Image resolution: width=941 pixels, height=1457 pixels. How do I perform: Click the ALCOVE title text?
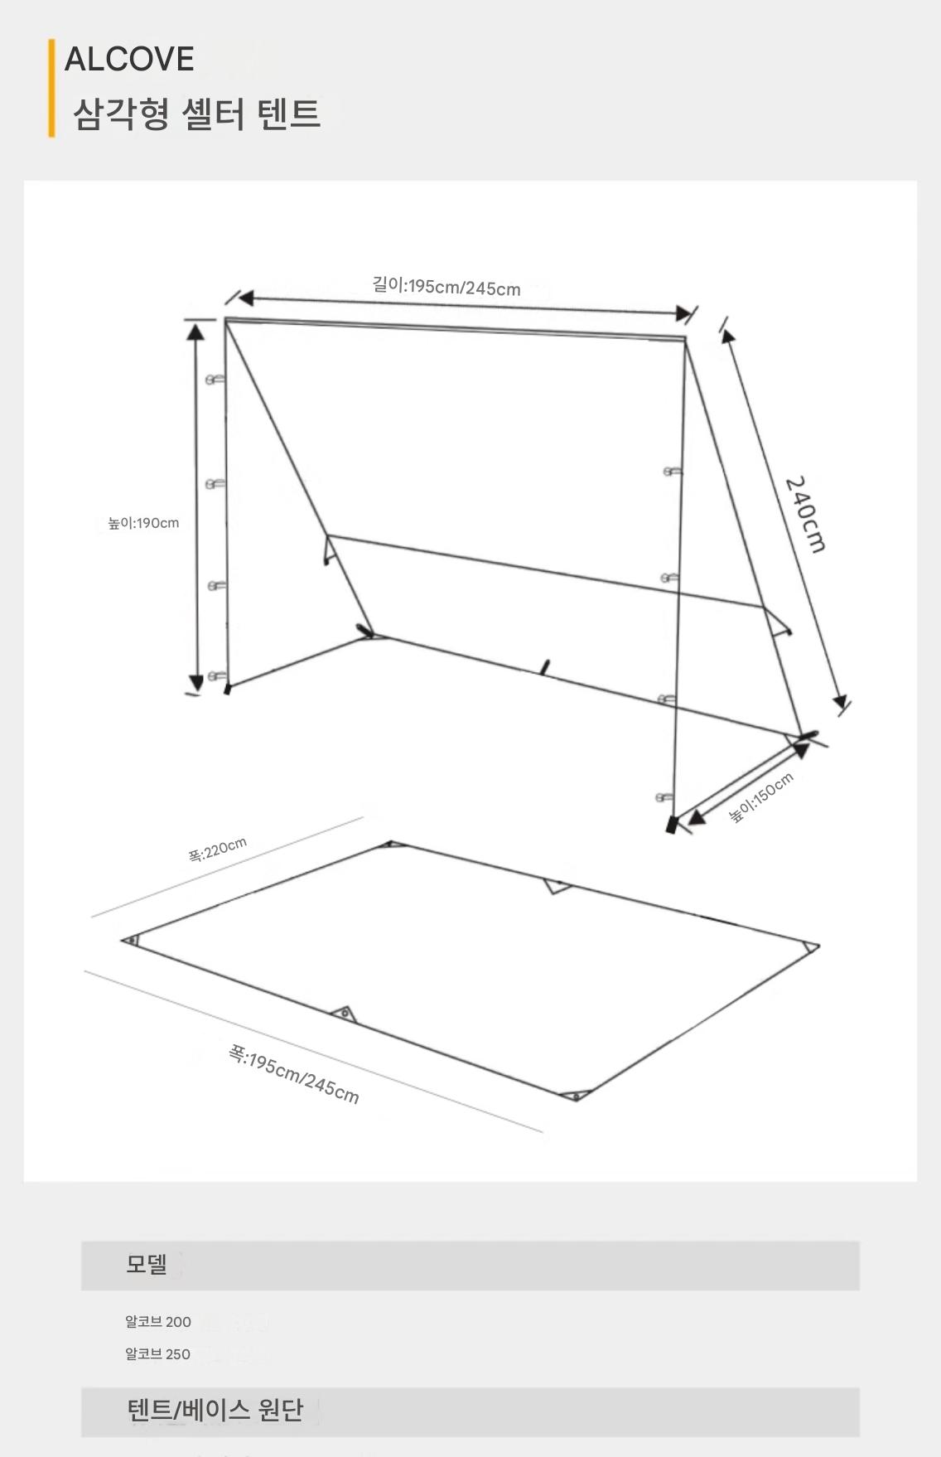coord(129,59)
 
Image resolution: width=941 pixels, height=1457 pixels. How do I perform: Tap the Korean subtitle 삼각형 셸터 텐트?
coord(196,114)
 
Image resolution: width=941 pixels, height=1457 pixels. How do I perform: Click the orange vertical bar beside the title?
coord(51,88)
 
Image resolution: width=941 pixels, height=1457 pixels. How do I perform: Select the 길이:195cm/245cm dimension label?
coord(446,287)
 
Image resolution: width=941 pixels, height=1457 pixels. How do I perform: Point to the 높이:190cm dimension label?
coord(143,523)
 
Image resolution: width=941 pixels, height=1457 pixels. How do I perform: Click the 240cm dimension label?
coord(805,514)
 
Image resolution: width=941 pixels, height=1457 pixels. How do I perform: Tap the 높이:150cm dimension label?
coord(761,796)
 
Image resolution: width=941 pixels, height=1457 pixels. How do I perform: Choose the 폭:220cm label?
coord(217,850)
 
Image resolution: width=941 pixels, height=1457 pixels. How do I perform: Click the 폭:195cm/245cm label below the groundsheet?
coord(294,1075)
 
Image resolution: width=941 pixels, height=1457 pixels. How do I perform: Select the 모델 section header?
coord(147,1264)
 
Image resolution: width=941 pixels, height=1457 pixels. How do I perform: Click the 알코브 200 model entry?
coord(158,1322)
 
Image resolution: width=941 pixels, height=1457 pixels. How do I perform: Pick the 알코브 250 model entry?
coord(158,1354)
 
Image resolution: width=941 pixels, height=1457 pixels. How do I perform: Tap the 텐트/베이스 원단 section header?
coord(215,1410)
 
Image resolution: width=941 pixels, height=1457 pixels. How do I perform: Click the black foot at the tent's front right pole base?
coord(672,825)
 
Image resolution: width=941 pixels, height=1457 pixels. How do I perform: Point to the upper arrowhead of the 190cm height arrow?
coord(195,332)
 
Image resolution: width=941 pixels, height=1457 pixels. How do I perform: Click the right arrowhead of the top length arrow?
coord(683,312)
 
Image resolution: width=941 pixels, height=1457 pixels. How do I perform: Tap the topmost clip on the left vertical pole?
coord(215,380)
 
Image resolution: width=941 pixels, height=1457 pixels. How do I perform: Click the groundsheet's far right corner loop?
coord(810,946)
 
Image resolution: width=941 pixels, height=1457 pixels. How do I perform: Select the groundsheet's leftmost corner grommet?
coord(131,940)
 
